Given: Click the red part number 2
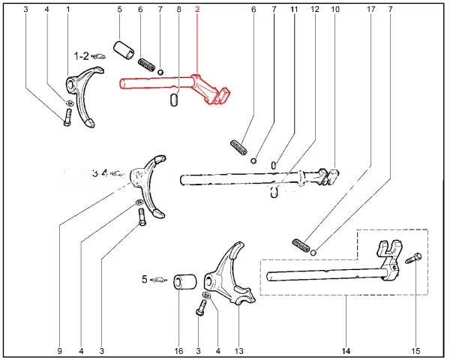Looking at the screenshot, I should pos(197,10).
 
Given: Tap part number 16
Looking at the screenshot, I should pos(178,350).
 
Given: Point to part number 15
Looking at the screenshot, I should pos(417,350).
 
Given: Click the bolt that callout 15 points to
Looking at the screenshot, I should pos(413,259).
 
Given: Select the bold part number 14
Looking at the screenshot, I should pos(346,350).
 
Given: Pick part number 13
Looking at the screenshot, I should pos(239,350).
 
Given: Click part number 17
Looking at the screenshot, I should pos(370,10).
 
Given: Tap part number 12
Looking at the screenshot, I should pos(314,10).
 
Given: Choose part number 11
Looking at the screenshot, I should pos(294,10).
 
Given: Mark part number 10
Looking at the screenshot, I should pos(334,10).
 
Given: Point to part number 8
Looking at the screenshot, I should pos(178,10).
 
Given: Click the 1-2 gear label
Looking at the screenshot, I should pos(81,55).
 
